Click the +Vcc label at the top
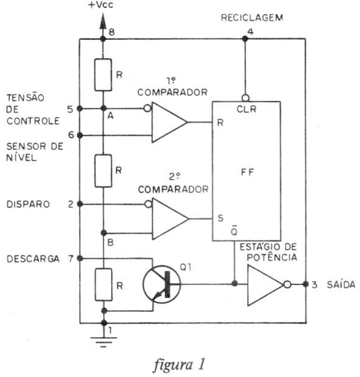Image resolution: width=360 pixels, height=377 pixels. pos(101,5)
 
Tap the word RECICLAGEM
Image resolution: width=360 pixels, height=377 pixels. pos(252,18)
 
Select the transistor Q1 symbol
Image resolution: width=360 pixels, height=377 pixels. pos(162,284)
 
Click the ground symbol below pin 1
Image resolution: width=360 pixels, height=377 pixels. pos(104,342)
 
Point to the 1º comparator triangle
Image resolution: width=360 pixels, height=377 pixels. pos(169,122)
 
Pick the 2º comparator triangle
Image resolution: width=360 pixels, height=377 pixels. pos(170,219)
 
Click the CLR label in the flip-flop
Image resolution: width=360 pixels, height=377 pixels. pos(247,109)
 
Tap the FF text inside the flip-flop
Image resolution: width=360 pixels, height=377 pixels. pos(247,172)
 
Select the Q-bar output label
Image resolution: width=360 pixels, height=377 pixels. pos(234,230)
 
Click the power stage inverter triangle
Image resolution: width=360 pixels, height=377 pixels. pos(265,285)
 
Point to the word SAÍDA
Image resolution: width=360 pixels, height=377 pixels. pos(341,284)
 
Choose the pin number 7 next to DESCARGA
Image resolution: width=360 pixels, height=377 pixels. pos(71,259)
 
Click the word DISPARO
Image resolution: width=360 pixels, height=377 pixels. pos(28,204)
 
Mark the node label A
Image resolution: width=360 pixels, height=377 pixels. pos(110,116)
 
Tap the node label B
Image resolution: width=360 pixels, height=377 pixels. pos(110,242)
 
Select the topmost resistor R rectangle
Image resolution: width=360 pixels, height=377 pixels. pos(103,75)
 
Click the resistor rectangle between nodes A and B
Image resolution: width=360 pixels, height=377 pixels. pos(103,171)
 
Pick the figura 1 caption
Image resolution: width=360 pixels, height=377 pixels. pos(179,364)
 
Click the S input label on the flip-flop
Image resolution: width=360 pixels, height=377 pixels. pos(221,218)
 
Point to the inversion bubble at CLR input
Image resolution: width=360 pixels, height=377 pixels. pos(245,98)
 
